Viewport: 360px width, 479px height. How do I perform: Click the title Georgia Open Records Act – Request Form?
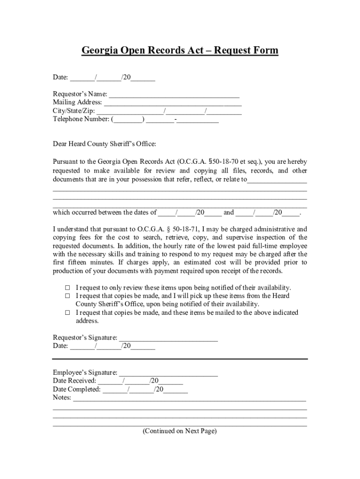tap(180, 51)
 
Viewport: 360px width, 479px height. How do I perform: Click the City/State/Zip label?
tap(74, 111)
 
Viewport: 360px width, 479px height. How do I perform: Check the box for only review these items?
tap(67, 288)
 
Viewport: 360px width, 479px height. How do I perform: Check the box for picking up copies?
tap(67, 296)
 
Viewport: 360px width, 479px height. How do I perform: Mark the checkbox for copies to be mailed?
tap(67, 313)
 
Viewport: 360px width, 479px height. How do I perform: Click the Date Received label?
tap(74, 381)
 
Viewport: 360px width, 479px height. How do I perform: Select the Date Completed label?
tap(77, 390)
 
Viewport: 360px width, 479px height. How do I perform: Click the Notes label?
tap(62, 398)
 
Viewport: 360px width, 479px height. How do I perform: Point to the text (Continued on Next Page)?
tap(180, 431)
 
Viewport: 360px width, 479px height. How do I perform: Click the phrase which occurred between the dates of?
tap(105, 213)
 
